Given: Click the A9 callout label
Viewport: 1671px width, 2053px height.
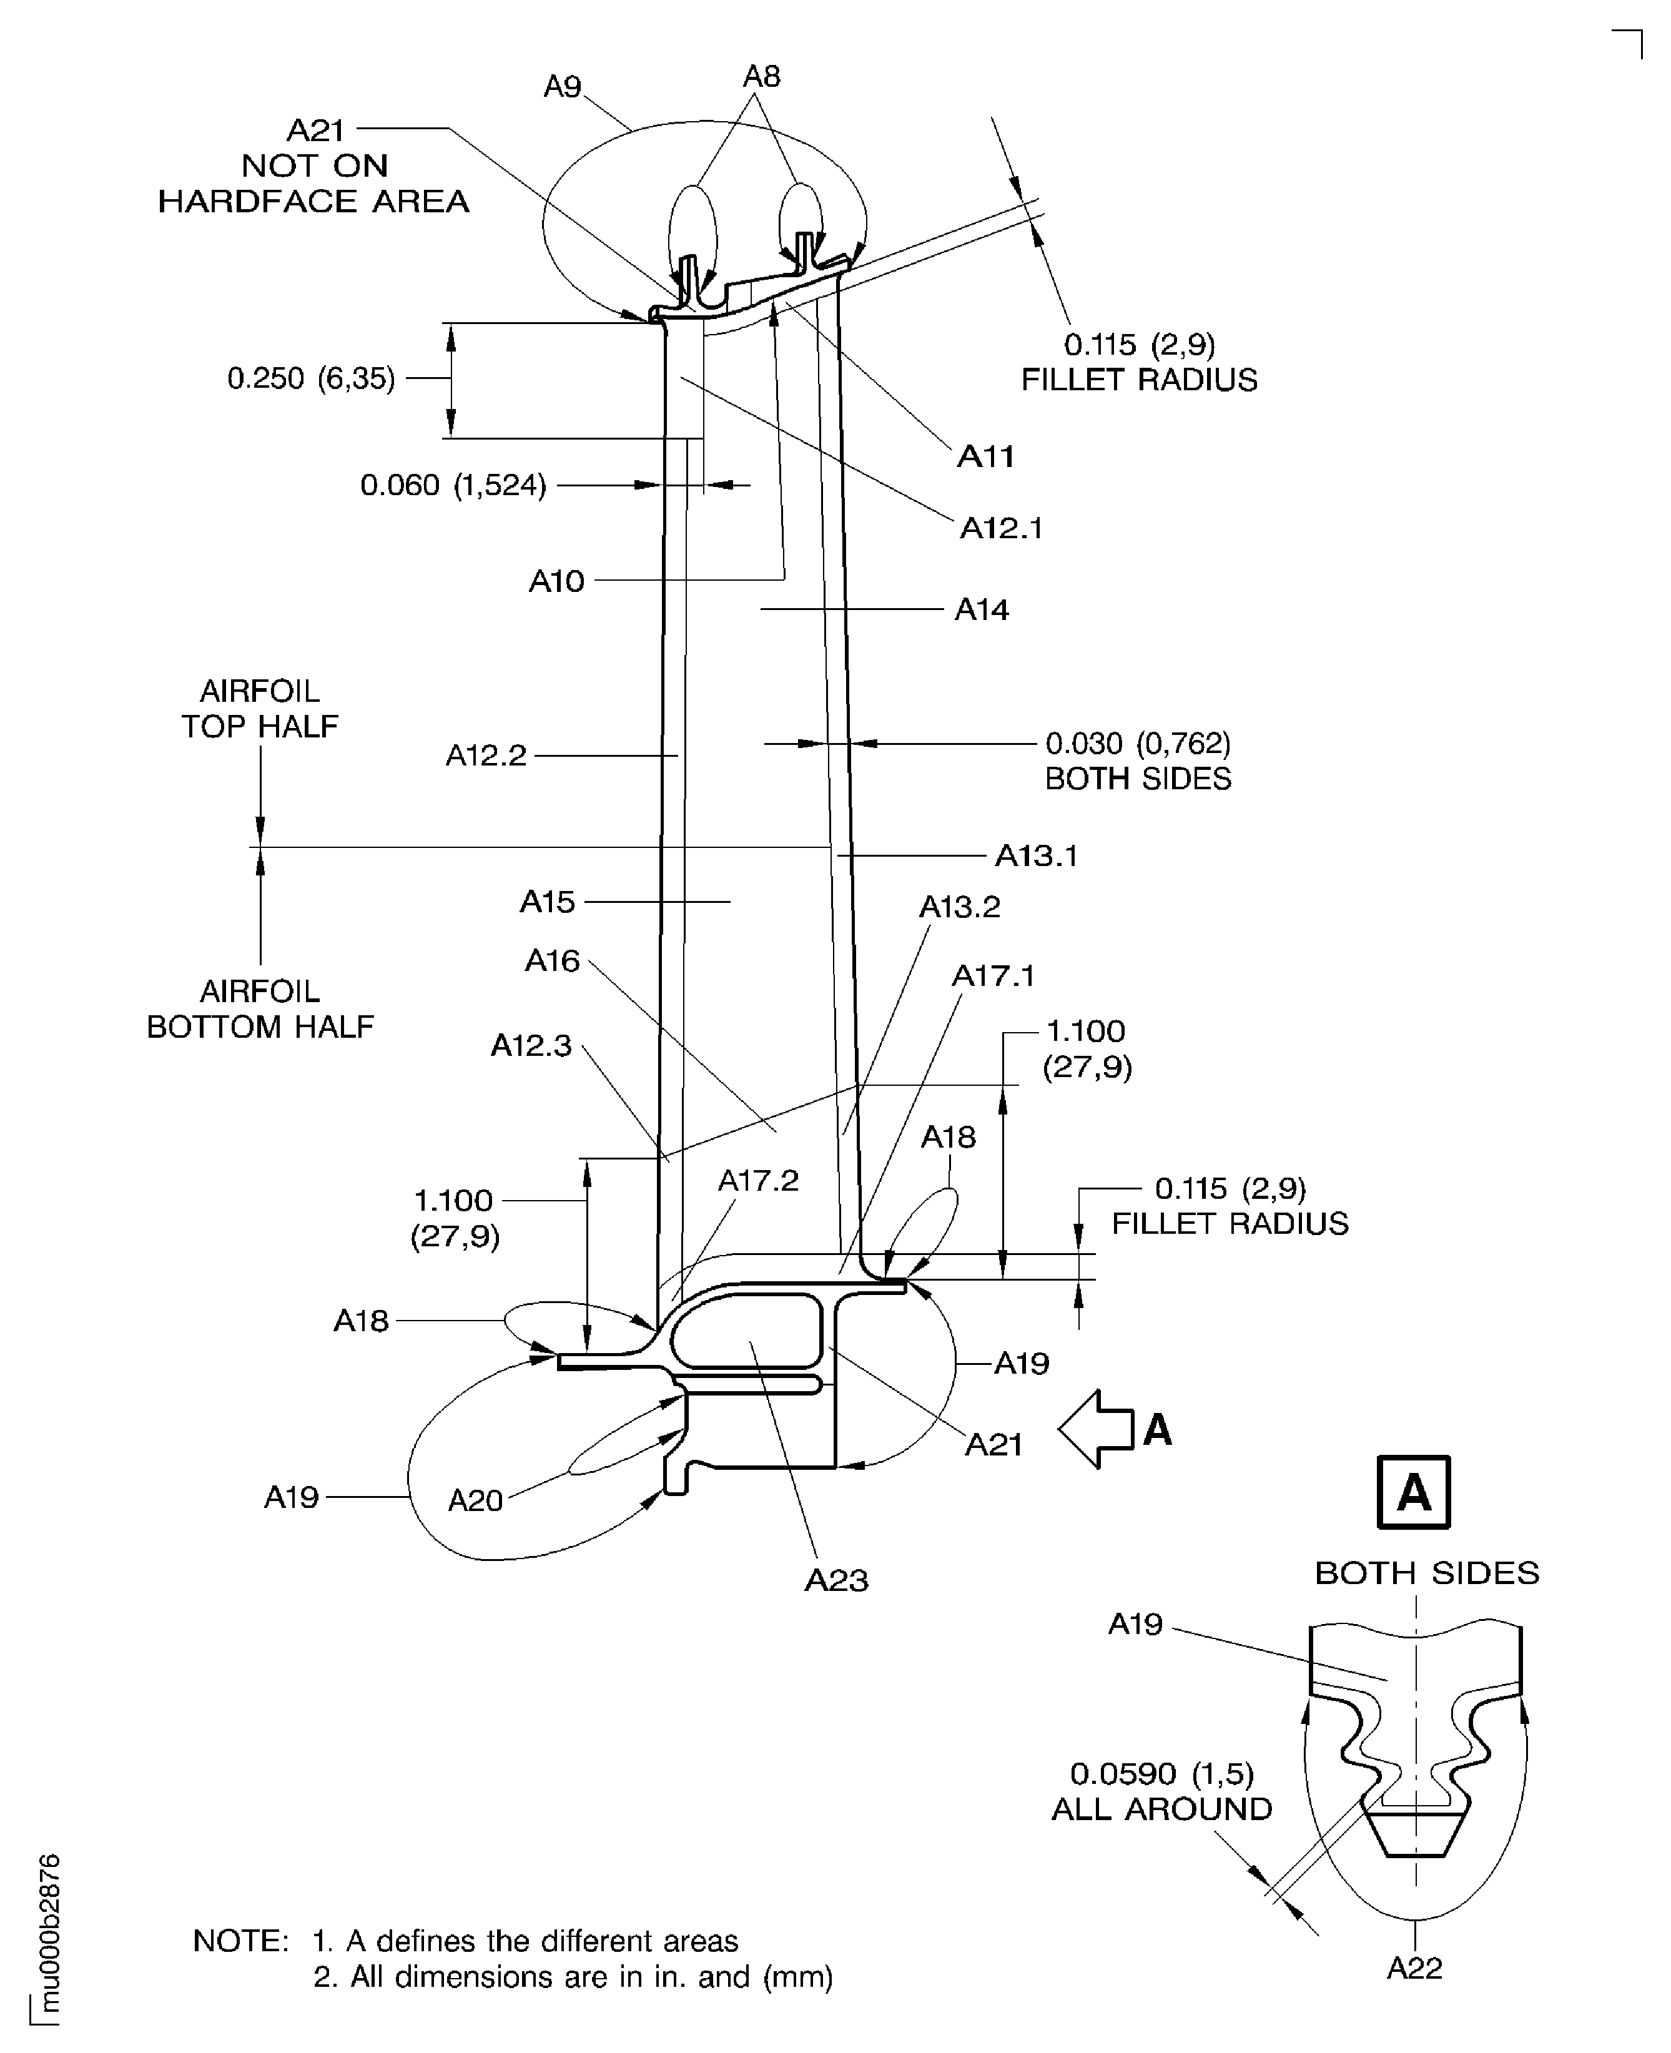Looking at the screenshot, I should pos(563,87).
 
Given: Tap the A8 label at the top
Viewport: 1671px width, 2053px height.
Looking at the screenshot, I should pos(761,77).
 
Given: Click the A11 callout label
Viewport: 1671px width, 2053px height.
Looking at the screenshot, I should pos(985,456).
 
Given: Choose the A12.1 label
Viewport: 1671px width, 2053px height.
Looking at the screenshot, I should pos(1001,528).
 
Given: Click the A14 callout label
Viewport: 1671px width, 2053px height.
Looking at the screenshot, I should pos(981,610).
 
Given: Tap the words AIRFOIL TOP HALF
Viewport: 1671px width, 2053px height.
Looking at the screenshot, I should pos(260,709).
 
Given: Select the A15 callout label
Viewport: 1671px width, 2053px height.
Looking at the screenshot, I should pos(547,902).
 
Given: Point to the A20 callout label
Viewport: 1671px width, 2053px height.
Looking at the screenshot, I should pos(475,1500).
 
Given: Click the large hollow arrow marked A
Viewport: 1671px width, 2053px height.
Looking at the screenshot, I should pos(1097,1429).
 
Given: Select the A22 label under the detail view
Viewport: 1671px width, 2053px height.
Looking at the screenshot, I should pos(1414,1968).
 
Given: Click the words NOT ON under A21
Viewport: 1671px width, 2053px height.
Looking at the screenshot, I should pos(315,165).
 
